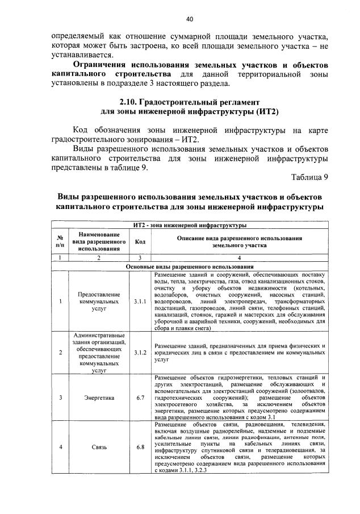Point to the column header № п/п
pyautogui.click(x=60, y=241)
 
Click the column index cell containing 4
pyautogui.click(x=238, y=258)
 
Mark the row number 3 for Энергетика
pyautogui.click(x=60, y=398)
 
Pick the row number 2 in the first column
pyautogui.click(x=60, y=352)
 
